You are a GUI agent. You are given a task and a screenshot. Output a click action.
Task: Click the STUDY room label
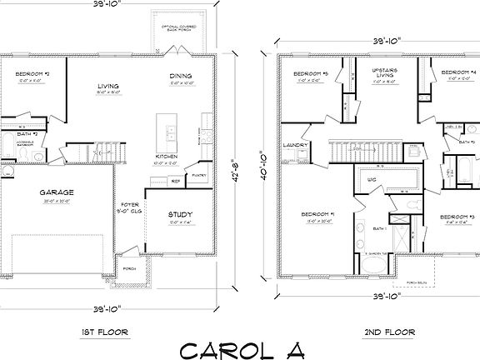(179, 213)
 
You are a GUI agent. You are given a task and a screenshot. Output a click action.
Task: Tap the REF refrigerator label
(177, 180)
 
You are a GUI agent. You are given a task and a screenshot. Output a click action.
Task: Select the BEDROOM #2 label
(32, 73)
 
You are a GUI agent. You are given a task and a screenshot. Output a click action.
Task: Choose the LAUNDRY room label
(296, 146)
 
